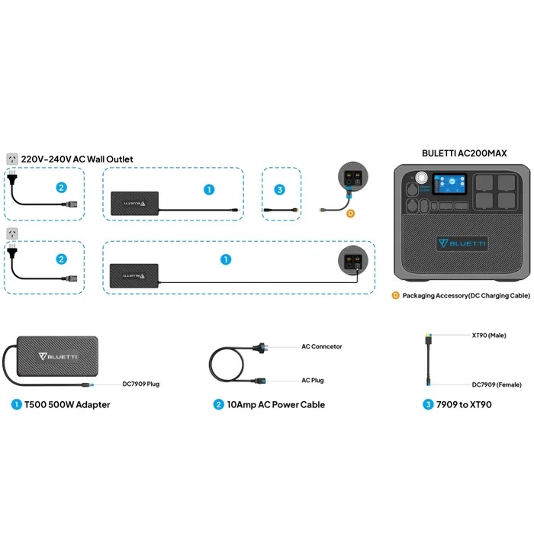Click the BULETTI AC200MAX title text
(x=464, y=153)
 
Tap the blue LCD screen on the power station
(x=449, y=185)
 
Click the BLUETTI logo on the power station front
(x=462, y=243)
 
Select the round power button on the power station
(x=421, y=178)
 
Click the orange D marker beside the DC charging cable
(x=350, y=214)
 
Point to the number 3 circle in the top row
(x=280, y=189)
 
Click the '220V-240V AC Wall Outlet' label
(x=77, y=159)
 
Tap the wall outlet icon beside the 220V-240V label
(x=12, y=159)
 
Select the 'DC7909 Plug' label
(x=140, y=384)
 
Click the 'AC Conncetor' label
(x=321, y=346)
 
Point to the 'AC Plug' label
(x=312, y=380)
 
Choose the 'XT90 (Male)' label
(x=489, y=336)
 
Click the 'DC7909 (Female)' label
(x=497, y=384)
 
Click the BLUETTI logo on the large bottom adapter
(x=58, y=356)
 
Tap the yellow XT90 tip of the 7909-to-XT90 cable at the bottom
(x=428, y=339)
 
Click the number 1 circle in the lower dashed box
(x=226, y=259)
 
